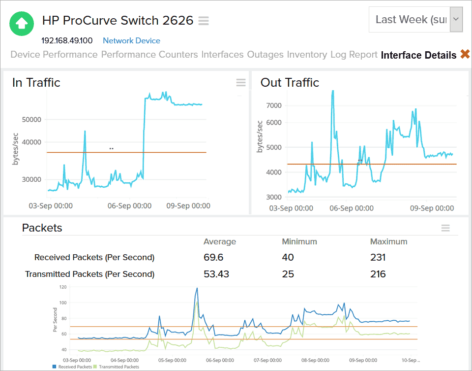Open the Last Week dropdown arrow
456,20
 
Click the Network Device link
131,41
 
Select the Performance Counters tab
149,55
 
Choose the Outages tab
265,55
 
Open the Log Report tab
354,55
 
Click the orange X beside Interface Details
465,55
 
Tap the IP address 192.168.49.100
67,41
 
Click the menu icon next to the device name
204,21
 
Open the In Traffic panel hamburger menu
240,83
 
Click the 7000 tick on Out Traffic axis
274,105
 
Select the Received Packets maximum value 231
378,257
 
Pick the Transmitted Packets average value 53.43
216,274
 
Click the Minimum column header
299,241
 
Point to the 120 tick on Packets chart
62,287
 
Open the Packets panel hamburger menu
445,228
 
